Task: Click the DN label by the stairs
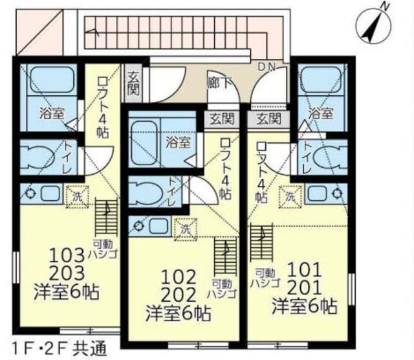click(x=267, y=66)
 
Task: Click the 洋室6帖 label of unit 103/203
click(x=67, y=292)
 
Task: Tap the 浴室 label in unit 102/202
click(x=177, y=141)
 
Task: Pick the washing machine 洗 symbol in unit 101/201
click(x=290, y=194)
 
